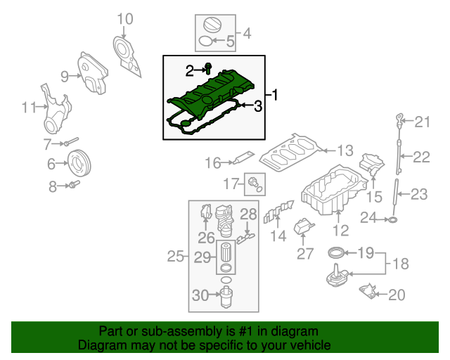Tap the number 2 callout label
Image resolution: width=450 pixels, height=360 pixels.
(189, 70)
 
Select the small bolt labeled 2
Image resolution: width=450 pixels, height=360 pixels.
(209, 69)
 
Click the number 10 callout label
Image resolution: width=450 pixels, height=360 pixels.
(124, 19)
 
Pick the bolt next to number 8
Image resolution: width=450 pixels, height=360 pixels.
(74, 186)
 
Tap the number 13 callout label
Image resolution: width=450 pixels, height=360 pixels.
(344, 150)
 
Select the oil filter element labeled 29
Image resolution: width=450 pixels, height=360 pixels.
(226, 254)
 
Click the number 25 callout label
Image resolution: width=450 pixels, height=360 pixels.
(175, 257)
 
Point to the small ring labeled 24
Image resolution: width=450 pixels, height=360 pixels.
(393, 220)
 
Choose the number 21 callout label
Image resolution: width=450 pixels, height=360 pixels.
(421, 122)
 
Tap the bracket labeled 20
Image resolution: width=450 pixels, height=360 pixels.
(366, 291)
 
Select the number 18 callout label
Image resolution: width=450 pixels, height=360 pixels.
(399, 264)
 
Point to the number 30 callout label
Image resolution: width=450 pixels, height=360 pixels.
(200, 296)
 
